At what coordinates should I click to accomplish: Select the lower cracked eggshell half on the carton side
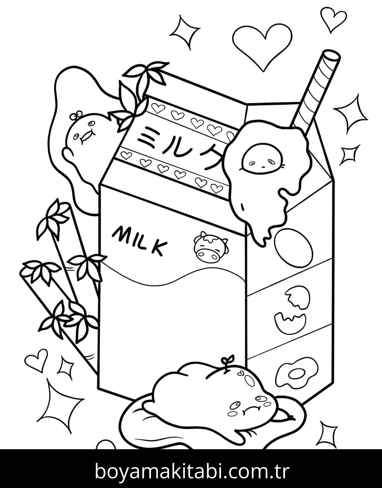point(290,322)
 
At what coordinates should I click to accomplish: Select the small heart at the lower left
point(36,361)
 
